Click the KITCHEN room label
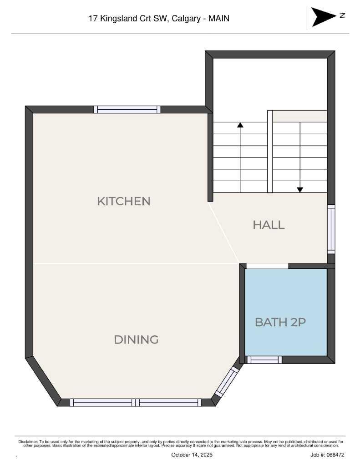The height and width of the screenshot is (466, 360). pos(124,201)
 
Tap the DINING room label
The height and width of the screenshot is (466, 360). pos(136,339)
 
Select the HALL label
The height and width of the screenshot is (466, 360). pos(269,225)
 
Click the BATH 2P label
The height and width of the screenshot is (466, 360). pos(280,322)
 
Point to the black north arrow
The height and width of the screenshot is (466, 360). pos(324,17)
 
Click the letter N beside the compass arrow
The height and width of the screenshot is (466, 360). pos(342,15)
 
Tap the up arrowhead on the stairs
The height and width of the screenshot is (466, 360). pos(240,125)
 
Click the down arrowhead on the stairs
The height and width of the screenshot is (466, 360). pos(300,190)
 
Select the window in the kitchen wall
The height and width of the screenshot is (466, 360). pos(127,109)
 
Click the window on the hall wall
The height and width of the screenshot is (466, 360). pos(331,229)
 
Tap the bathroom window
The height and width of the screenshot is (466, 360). pos(264,360)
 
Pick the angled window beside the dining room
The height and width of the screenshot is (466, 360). pos(227,382)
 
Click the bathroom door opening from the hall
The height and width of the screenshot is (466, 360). pos(267,266)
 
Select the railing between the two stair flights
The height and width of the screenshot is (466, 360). pos(270,152)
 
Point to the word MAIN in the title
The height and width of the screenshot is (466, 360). pos(219,18)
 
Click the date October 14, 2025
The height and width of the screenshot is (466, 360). pos(192,455)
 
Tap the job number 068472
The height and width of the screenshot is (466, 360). pos(335,455)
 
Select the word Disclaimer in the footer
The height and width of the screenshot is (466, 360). pos(28,442)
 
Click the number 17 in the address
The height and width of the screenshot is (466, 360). pos(93,18)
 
